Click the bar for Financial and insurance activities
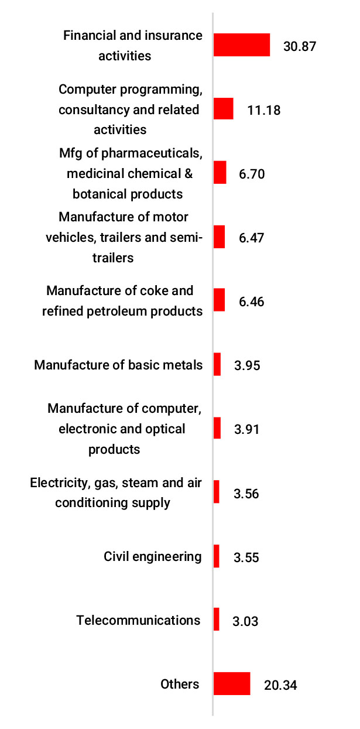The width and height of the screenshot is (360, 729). point(241,45)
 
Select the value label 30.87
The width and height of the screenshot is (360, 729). point(300,46)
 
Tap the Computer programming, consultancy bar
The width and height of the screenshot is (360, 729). point(223,109)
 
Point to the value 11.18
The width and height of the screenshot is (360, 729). point(264,110)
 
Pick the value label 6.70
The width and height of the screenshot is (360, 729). point(252,174)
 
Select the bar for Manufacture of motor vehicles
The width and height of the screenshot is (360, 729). point(219,237)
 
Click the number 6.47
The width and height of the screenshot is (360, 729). point(251,238)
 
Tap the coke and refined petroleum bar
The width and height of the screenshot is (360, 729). point(219,300)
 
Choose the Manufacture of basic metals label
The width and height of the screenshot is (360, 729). point(118,365)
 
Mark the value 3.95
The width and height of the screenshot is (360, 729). point(246,366)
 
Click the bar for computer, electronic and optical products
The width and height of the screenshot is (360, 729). point(217,428)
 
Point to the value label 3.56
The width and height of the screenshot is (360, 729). point(246,494)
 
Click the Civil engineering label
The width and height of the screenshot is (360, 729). point(153,556)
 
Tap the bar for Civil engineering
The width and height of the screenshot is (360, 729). point(216,556)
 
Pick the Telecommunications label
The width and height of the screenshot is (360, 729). point(138,620)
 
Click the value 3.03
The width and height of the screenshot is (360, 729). point(245,621)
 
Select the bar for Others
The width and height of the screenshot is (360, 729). point(232,683)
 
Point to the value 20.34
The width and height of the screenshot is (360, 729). point(280,685)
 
